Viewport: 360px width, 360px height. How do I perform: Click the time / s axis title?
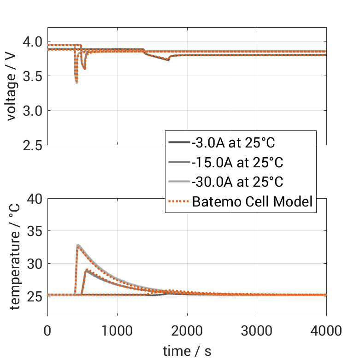coord(187,351)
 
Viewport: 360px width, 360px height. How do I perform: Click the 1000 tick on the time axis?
coord(117,330)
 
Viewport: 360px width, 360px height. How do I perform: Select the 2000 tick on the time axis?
coord(187,330)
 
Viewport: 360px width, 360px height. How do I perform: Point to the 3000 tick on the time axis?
coord(257,330)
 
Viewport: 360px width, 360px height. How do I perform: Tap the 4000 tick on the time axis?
coord(326,330)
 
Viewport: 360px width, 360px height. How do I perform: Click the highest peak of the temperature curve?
coord(78,245)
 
